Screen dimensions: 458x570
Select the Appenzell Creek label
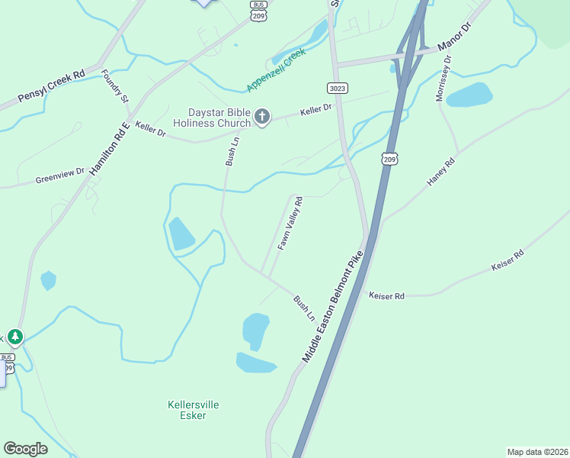point(275,69)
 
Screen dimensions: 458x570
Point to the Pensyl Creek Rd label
point(51,88)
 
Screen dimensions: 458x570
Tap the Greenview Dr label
point(59,176)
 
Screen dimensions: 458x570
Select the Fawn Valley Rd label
point(290,224)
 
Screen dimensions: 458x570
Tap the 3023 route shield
point(338,88)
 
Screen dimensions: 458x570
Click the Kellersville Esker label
point(187,410)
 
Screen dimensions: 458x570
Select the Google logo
point(25,449)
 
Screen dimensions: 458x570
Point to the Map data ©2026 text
point(537,452)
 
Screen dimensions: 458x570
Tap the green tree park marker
point(14,337)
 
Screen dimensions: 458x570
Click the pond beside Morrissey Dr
point(469,95)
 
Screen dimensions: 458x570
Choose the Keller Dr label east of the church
point(316,110)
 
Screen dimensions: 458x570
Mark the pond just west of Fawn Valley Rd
point(181,234)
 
